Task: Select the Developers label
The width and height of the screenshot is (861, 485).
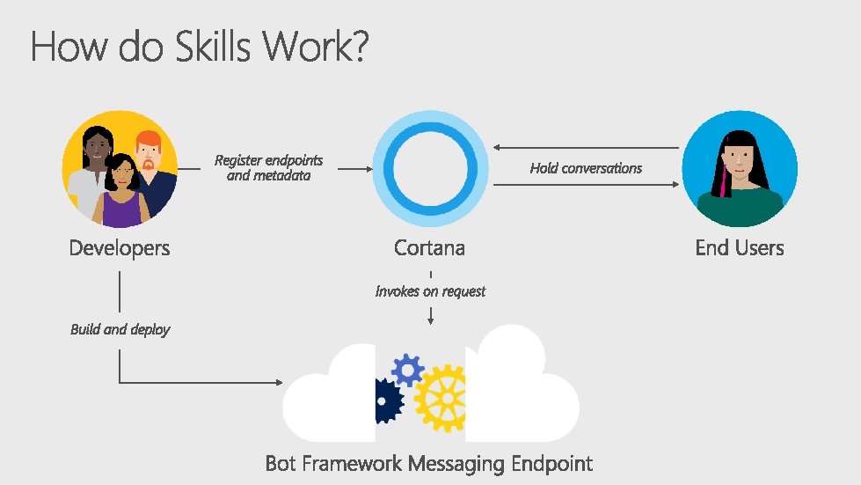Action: [x=120, y=248]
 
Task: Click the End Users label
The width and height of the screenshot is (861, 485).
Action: [x=739, y=248]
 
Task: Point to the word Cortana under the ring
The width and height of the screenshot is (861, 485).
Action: [x=429, y=248]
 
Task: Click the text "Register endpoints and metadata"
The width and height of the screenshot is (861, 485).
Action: [x=268, y=167]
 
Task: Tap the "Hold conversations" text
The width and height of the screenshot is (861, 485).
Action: [x=586, y=168]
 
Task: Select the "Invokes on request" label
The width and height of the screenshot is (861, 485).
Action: [x=430, y=290]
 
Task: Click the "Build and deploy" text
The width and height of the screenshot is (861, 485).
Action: [x=120, y=329]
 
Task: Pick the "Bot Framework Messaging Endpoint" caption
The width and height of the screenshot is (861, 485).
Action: [x=429, y=463]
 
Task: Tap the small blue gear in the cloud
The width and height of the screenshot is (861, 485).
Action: [x=407, y=370]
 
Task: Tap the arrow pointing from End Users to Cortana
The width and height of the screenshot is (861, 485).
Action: [x=586, y=148]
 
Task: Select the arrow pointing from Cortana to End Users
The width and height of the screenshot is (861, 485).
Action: [x=586, y=185]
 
